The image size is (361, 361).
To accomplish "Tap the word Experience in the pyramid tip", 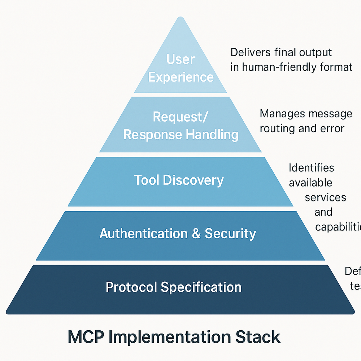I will [180, 77].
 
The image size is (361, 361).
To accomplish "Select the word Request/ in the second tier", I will [181, 117].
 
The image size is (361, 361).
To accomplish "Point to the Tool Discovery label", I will [179, 180].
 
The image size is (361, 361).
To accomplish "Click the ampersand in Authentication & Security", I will [196, 234].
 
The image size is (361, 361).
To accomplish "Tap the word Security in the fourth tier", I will [230, 234].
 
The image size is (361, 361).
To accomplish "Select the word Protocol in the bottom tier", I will [131, 287].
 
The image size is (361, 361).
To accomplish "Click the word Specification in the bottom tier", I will [201, 287].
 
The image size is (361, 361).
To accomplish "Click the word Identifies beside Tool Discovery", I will [311, 168].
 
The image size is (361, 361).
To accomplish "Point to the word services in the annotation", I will [325, 197].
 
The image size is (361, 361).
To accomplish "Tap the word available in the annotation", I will [310, 183].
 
